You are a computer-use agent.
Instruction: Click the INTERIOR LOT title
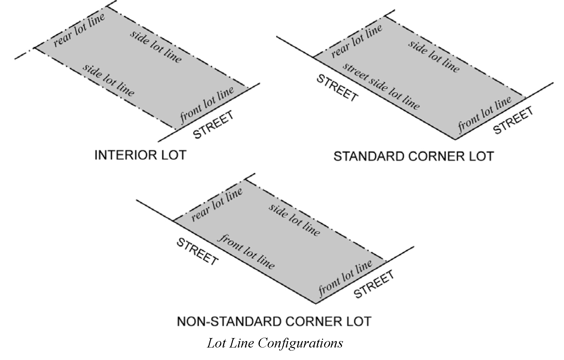140,155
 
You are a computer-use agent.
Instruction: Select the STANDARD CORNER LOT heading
413,157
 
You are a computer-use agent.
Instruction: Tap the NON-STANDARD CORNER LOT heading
274,321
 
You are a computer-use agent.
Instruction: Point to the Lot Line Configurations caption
275,343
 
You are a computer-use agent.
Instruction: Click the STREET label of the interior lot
214,125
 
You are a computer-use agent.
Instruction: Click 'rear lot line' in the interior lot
79,30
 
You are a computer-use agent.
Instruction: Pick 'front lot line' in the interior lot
207,105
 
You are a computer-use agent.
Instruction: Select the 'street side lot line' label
381,86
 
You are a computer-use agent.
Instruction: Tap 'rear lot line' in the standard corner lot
357,41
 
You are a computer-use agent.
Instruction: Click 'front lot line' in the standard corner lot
485,114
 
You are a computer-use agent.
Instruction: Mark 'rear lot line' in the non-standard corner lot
217,204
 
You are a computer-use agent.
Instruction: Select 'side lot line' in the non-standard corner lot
294,220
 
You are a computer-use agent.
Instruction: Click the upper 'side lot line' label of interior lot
156,46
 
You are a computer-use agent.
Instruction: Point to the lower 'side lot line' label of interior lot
108,80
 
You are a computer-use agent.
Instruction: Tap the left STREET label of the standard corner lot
337,88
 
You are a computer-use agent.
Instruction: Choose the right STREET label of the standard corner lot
513,120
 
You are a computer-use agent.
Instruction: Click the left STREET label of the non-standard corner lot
197,252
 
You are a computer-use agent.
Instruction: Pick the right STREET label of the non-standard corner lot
374,284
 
